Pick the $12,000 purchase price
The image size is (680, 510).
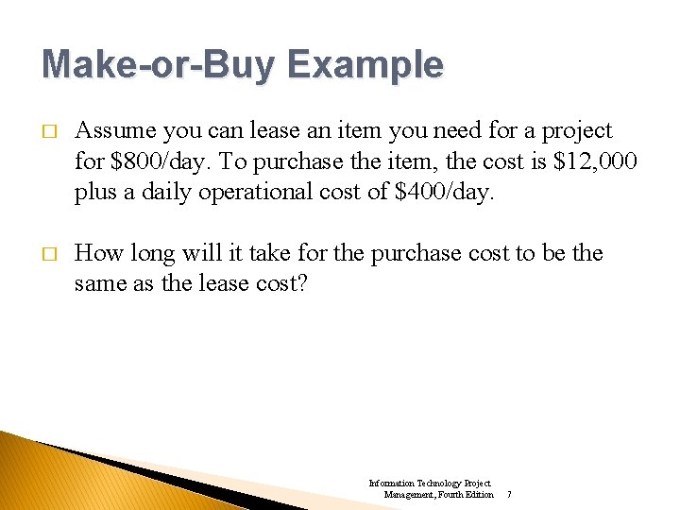point(591,161)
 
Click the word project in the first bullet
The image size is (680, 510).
point(578,130)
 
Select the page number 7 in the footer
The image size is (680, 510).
point(509,495)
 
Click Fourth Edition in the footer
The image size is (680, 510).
point(467,495)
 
